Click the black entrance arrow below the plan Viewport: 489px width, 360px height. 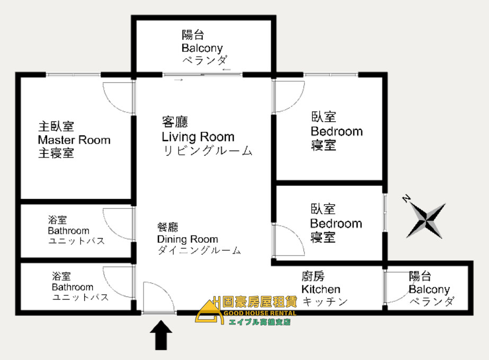[161, 335]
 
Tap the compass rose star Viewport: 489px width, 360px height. [426, 221]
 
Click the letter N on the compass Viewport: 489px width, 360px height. [406, 198]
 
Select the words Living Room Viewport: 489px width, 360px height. [198, 137]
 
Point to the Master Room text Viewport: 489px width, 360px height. [74, 140]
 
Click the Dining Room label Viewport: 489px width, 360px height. [188, 239]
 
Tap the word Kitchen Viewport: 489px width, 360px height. [321, 289]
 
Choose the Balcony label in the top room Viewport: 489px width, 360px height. [202, 48]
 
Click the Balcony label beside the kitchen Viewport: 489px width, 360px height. [429, 289]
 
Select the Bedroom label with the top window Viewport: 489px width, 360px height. [337, 131]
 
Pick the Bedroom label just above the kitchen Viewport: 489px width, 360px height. [336, 224]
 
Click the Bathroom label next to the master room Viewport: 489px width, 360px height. [69, 231]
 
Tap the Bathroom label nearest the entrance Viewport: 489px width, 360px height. [73, 287]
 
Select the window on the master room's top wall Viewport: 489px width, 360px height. [73, 75]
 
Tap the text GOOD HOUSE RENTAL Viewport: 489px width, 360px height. [260, 313]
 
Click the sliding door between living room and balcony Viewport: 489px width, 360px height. [202, 75]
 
